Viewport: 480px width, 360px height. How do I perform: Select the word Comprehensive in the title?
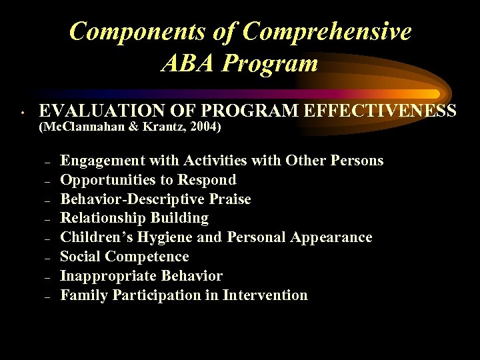(x=327, y=31)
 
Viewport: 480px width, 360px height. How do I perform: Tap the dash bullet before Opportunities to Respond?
(x=47, y=181)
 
